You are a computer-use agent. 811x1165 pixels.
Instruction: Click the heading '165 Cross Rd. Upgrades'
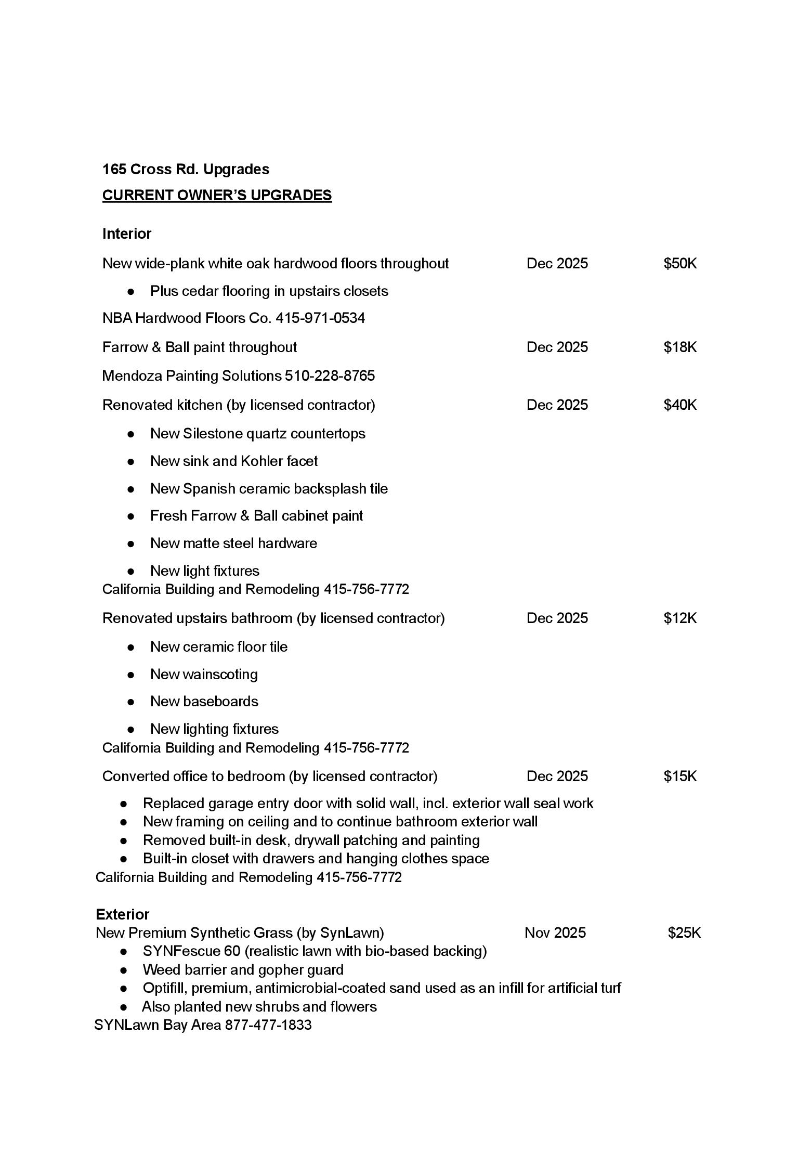pos(186,169)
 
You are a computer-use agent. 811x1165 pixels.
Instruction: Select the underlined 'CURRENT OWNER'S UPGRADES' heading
pos(217,195)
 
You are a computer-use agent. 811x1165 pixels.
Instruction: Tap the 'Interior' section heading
pos(127,234)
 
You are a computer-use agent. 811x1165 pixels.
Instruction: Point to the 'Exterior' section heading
pos(122,914)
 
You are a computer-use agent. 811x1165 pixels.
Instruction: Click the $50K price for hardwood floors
pos(679,263)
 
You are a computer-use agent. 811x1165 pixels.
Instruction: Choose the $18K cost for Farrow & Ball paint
pos(679,347)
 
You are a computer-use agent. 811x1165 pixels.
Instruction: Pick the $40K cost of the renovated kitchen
pos(679,405)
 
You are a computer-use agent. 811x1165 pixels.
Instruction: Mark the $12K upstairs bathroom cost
pos(679,618)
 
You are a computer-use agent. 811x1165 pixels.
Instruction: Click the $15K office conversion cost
pos(679,776)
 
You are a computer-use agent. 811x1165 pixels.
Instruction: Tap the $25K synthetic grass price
pos(684,933)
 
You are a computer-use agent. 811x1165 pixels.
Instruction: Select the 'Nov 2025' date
pos(555,933)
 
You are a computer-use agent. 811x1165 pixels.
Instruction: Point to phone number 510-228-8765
pos(330,376)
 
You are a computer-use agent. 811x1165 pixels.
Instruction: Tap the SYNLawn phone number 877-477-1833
pos(268,1025)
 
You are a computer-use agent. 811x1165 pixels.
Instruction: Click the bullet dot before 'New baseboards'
pos(131,702)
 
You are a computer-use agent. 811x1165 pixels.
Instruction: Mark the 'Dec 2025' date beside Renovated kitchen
pos(557,405)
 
